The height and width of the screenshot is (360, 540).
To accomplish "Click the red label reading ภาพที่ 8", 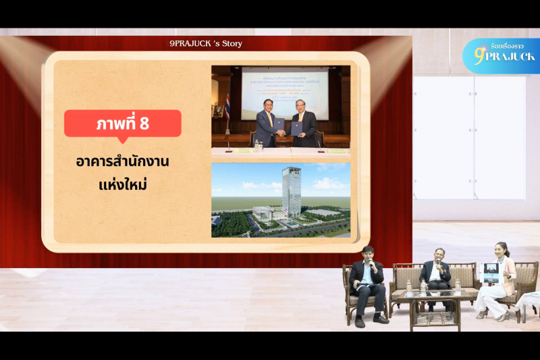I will (122, 124).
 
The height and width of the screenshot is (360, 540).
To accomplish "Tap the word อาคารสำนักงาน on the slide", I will (122, 162).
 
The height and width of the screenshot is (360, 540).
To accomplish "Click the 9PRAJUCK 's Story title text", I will (206, 44).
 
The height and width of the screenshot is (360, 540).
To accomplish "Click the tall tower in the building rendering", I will (292, 192).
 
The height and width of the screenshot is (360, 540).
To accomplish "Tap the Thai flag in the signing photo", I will (228, 108).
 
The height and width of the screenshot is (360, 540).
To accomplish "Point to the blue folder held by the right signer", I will (296, 128).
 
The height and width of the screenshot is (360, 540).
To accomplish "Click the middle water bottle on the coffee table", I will (424, 287).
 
